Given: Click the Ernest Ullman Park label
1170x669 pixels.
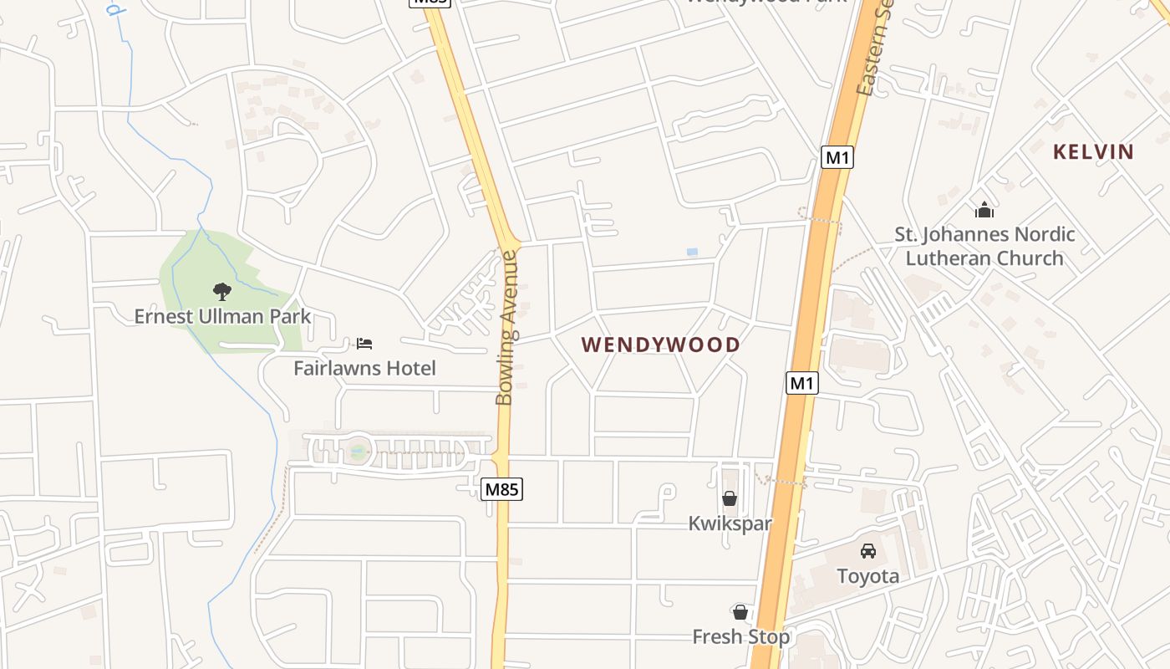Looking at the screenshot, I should (222, 316).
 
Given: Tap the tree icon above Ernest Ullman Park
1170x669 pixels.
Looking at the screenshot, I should (222, 291).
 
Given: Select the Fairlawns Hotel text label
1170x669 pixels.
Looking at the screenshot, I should (364, 368).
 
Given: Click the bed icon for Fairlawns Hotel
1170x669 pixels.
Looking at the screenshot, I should (364, 343).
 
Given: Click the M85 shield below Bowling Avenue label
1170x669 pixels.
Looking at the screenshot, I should (501, 489).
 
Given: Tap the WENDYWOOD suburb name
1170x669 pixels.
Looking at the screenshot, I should (661, 345).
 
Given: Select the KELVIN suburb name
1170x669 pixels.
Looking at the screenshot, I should (1093, 151).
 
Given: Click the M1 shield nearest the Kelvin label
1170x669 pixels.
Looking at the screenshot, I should (837, 156).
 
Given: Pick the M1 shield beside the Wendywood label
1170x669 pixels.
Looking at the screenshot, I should (802, 383).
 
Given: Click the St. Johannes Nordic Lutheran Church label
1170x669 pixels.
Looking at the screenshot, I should (984, 246).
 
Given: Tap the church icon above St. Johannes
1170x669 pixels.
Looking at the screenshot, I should (984, 209).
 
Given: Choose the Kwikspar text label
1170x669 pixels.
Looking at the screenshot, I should (730, 523).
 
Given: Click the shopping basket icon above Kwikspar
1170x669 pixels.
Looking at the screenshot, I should (730, 498).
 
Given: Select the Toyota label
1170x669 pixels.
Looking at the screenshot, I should (868, 576).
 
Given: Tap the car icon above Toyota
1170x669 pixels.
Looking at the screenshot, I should (868, 551).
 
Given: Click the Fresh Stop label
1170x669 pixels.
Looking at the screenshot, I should (740, 637).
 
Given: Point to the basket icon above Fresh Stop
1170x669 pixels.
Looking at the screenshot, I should (740, 612).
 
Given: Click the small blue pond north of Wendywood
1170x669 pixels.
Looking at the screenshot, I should (692, 252).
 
